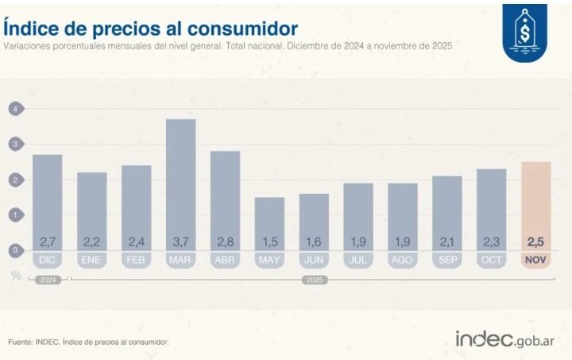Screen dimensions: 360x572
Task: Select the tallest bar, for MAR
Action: tap(181, 183)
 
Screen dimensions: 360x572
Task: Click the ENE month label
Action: tap(92, 260)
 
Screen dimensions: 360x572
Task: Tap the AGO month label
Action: tap(403, 260)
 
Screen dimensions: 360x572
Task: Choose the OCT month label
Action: tap(492, 260)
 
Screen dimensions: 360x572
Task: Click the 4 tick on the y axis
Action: tap(14, 108)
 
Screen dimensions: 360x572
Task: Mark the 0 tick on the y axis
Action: tap(14, 250)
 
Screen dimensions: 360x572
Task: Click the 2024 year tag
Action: tap(48, 279)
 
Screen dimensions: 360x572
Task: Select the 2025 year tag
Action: tap(314, 279)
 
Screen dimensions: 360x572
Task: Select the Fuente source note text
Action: tap(88, 343)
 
